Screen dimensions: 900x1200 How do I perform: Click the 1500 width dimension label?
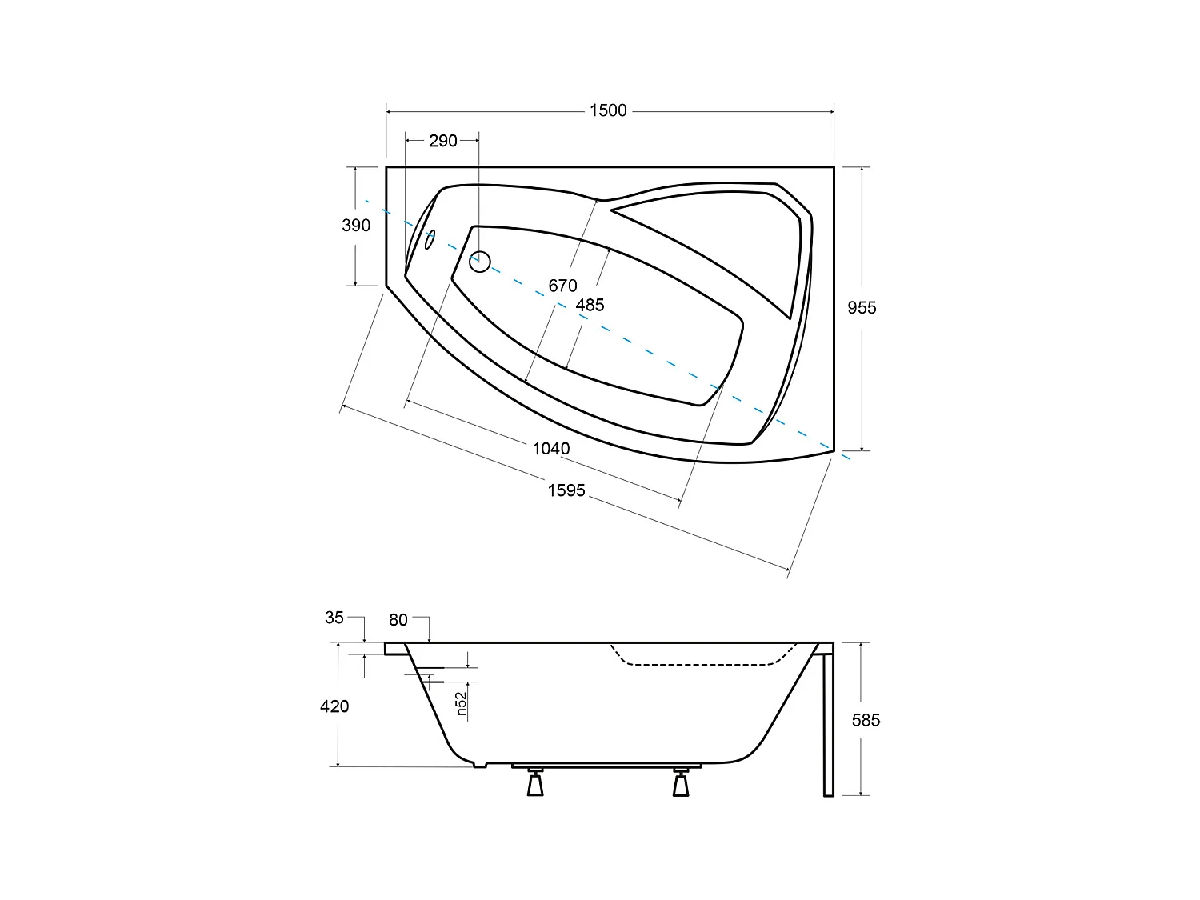[608, 110]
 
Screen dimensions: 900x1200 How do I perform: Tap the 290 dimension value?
[442, 141]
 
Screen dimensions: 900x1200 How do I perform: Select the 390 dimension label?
[356, 226]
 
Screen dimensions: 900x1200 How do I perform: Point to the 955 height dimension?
[862, 307]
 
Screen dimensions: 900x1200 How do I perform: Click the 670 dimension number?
[562, 286]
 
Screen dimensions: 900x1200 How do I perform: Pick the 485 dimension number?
[590, 305]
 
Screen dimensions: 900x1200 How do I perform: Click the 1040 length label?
[551, 449]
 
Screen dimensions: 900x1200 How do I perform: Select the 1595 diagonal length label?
[566, 490]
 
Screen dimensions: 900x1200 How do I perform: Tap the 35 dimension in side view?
[334, 618]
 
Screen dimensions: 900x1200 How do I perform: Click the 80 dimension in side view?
[398, 620]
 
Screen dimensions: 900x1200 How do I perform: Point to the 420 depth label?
[334, 706]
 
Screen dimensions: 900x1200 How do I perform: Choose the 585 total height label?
[866, 720]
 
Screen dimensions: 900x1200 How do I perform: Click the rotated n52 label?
[462, 703]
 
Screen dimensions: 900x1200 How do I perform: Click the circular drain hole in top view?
[480, 261]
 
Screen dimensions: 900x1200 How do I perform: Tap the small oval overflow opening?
[430, 239]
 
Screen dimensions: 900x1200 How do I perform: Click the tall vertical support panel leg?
[828, 724]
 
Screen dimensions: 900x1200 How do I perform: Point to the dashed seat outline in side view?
[696, 664]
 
